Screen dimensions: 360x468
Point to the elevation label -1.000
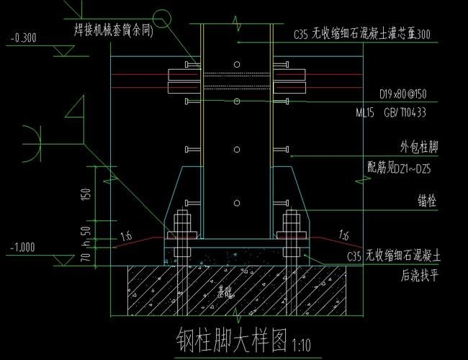24,248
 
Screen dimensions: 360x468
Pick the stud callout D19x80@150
402,94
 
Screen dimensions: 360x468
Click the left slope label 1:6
127,235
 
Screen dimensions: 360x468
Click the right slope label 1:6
344,235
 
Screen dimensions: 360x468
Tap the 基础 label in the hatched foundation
226,293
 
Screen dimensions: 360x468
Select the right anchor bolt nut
291,233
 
